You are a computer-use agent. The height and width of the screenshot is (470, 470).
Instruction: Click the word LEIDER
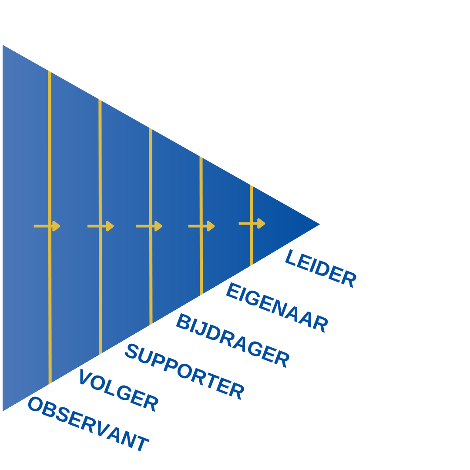(320, 268)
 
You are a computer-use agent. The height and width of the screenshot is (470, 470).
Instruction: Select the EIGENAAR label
(277, 307)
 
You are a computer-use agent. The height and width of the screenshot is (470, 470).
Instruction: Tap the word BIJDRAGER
(232, 340)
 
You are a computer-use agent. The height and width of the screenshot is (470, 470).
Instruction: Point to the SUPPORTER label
(185, 372)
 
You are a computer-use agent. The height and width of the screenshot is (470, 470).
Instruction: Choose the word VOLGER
(119, 390)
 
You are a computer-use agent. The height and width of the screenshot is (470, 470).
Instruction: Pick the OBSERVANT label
(88, 424)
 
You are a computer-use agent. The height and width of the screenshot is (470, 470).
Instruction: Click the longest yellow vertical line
(50, 227)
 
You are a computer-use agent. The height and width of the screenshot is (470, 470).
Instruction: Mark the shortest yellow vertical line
(252, 225)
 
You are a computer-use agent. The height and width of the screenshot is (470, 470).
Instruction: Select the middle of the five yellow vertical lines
(151, 226)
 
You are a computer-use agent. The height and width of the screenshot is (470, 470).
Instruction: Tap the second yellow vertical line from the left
(100, 227)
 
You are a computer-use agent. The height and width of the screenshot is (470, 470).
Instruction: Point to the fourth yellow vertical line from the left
(201, 226)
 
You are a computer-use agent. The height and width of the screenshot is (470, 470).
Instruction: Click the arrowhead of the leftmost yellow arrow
(56, 226)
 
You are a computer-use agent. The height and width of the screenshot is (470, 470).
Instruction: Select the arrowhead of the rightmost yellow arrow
(262, 224)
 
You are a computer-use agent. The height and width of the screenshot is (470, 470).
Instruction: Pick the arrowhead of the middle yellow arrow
(158, 226)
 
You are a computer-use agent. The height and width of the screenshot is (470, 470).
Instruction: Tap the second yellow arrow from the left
(101, 226)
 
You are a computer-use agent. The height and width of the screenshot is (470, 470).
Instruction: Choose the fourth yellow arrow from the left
(201, 226)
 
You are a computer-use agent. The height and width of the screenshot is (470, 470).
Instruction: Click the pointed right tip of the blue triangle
(320, 224)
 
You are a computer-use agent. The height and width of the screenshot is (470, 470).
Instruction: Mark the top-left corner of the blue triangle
(3, 45)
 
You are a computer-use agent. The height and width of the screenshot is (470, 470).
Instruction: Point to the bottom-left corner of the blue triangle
(3, 411)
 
